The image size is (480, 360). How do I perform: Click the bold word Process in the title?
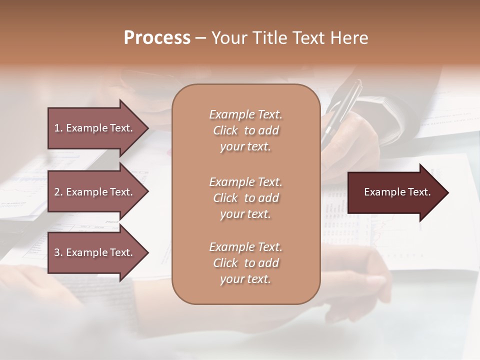click(157, 38)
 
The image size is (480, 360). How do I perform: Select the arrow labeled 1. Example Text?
click(95, 128)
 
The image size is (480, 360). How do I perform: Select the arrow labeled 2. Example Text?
click(95, 192)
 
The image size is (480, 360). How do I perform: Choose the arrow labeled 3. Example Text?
click(95, 252)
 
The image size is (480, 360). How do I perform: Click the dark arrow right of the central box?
click(395, 192)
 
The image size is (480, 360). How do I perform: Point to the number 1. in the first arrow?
click(58, 128)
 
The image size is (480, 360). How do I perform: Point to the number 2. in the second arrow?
click(58, 192)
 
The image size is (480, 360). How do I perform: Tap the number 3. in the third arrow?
click(58, 252)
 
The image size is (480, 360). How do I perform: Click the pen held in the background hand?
click(342, 107)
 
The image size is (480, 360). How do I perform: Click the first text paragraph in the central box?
click(245, 130)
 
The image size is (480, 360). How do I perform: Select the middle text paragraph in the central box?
click(245, 198)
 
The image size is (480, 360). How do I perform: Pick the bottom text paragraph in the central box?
click(245, 263)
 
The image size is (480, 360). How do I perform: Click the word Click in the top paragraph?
click(225, 130)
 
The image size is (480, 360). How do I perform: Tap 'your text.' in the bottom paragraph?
click(245, 279)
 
